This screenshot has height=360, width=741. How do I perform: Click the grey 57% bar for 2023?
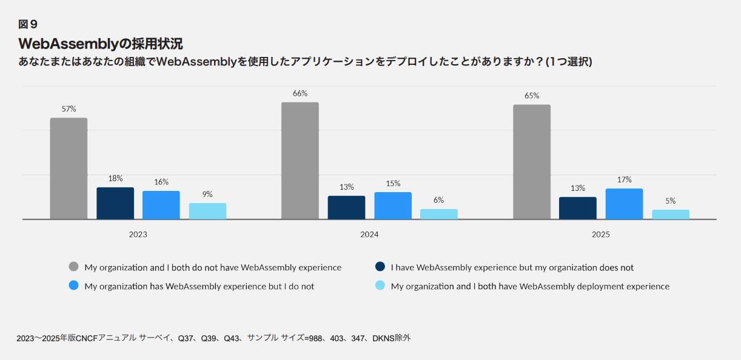(69, 168)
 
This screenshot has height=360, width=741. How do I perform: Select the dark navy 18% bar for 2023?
(115, 203)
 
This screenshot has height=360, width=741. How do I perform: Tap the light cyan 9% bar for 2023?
(207, 211)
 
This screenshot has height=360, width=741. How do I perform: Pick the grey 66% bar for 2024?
(300, 161)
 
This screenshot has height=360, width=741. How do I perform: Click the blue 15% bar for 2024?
(393, 205)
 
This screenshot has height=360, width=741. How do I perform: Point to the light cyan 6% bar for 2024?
(439, 214)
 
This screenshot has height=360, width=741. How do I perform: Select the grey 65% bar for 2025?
(532, 162)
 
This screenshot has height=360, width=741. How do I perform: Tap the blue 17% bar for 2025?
(624, 204)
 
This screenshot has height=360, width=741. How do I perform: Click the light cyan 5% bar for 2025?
(671, 215)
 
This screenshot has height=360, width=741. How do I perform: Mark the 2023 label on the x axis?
(138, 235)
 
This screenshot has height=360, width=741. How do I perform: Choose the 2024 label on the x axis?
(369, 235)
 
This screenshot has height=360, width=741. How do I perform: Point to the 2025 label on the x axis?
(601, 235)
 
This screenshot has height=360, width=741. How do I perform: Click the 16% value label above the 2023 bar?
(161, 182)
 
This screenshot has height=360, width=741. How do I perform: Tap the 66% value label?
(300, 93)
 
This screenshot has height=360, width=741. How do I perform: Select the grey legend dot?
(74, 267)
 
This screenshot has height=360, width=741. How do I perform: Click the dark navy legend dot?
(380, 267)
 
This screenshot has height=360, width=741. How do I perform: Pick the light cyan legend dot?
(380, 286)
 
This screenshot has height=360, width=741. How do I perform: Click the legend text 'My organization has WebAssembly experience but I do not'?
(199, 286)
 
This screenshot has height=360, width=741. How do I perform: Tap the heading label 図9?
(28, 24)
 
